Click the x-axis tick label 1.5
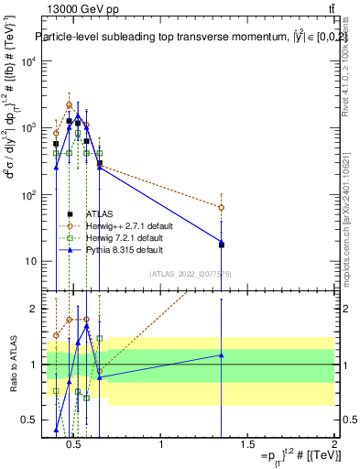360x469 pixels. coord(247,444)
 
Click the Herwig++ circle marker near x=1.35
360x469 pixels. coord(222,207)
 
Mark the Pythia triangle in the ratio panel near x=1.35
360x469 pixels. coord(222,355)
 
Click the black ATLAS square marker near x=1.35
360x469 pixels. coord(222,245)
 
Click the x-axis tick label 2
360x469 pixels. coord(333,444)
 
